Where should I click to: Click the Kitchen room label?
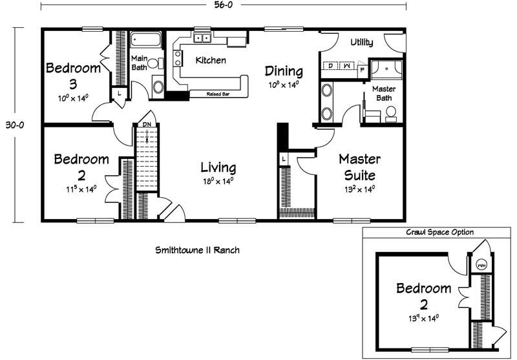click(x=211, y=60)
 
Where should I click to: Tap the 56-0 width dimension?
click(x=223, y=5)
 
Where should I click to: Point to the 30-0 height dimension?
click(x=15, y=125)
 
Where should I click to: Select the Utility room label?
click(x=362, y=42)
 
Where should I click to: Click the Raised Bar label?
click(x=218, y=94)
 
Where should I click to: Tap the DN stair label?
click(x=147, y=124)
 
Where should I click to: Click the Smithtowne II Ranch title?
click(x=198, y=250)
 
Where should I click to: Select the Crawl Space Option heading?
click(x=440, y=232)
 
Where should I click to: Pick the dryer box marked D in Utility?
click(x=331, y=66)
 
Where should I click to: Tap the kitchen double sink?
click(x=202, y=38)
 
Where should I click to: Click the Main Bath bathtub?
click(x=145, y=40)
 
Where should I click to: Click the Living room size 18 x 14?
click(x=218, y=181)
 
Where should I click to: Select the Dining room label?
click(x=284, y=71)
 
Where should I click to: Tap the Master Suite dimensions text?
click(x=360, y=189)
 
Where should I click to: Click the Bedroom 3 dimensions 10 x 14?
click(x=73, y=98)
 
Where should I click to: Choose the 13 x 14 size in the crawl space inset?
click(x=424, y=319)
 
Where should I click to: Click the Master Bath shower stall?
click(x=386, y=69)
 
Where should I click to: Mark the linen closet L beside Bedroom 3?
click(x=119, y=94)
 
